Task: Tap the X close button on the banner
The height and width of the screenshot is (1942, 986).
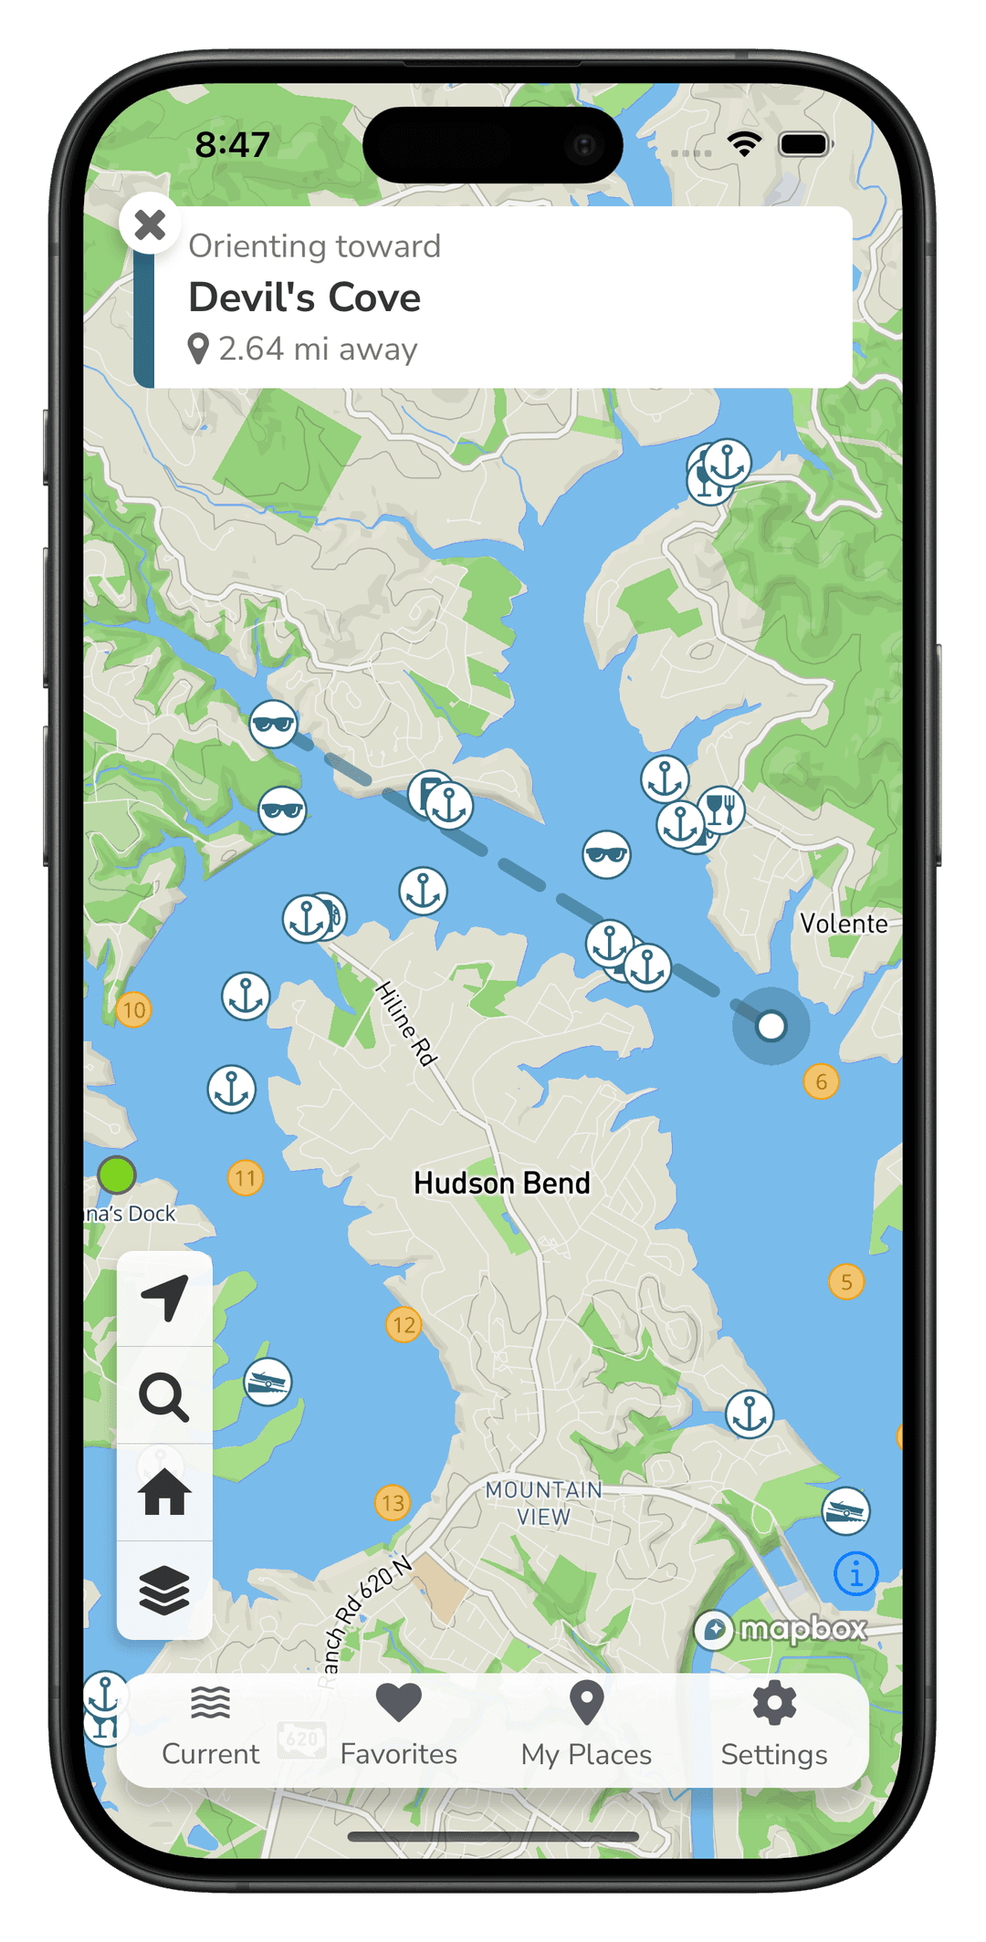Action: (150, 224)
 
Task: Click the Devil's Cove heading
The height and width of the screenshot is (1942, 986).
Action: (304, 298)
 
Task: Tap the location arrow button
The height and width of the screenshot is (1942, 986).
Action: (165, 1298)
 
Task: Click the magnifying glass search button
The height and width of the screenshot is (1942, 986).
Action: (164, 1396)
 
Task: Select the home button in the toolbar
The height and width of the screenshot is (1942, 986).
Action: (164, 1493)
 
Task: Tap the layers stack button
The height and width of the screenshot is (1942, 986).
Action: (164, 1590)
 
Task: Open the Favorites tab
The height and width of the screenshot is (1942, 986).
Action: (398, 1725)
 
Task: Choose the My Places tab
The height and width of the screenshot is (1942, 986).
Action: (586, 1725)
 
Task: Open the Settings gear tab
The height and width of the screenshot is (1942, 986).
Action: (774, 1725)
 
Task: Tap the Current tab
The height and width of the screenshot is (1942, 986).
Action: (211, 1725)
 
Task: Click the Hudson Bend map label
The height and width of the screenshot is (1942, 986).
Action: (502, 1184)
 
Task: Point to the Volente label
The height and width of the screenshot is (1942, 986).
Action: (844, 924)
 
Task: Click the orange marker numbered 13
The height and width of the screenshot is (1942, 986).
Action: (393, 1502)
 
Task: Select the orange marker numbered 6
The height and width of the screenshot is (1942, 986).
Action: (821, 1082)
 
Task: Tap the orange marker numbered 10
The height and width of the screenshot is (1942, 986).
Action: (133, 1010)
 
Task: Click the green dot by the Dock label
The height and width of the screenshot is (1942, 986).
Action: (117, 1175)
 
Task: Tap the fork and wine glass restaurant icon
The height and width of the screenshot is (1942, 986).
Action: (721, 809)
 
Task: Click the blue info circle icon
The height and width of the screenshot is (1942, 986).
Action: (855, 1573)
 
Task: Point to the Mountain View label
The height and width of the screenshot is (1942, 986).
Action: (543, 1503)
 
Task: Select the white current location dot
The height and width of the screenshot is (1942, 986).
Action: (771, 1026)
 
